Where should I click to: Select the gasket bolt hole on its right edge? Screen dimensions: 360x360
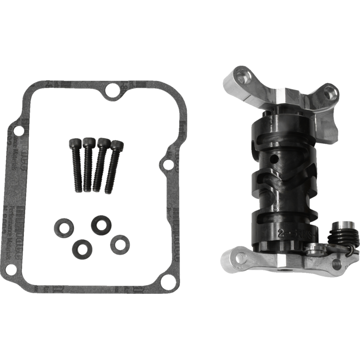click(x=167, y=166)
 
